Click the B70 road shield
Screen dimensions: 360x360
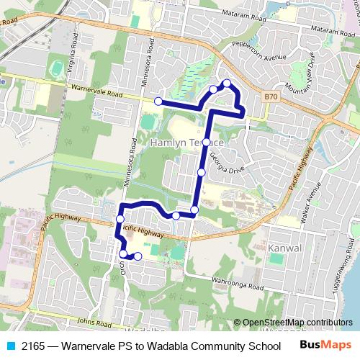(270, 95)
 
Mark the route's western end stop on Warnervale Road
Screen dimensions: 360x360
(158, 102)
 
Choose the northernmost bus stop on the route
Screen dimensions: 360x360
(227, 83)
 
